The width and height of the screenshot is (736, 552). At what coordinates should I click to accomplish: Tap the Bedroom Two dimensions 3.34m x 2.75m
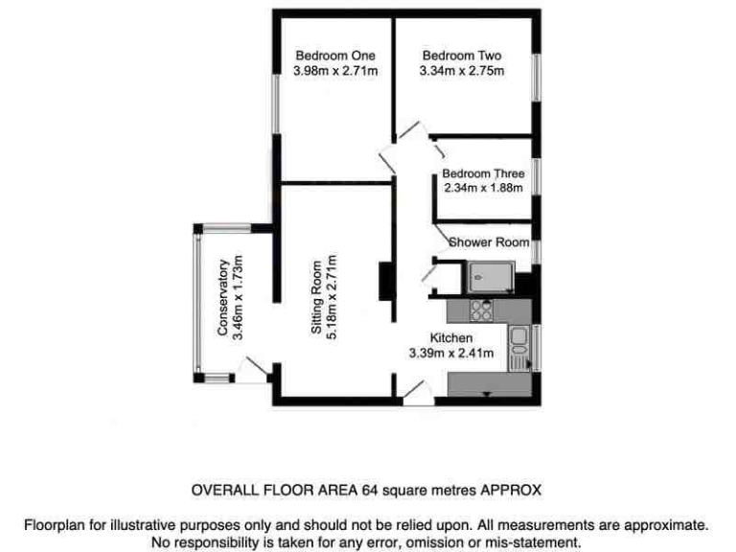pyautogui.click(x=461, y=71)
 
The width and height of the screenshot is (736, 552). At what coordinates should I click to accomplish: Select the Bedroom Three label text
pyautogui.click(x=483, y=173)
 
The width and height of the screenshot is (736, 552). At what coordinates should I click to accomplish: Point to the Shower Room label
pyautogui.click(x=489, y=242)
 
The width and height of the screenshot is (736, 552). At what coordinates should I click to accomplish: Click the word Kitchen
pyautogui.click(x=450, y=338)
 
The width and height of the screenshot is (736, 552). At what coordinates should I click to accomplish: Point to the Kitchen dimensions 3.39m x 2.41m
pyautogui.click(x=450, y=354)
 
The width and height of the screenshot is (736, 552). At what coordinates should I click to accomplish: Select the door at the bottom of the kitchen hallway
pyautogui.click(x=415, y=390)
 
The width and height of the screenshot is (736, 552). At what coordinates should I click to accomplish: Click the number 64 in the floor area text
pyautogui.click(x=369, y=490)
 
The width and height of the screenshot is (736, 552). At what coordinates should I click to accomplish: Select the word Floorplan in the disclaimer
pyautogui.click(x=54, y=525)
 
